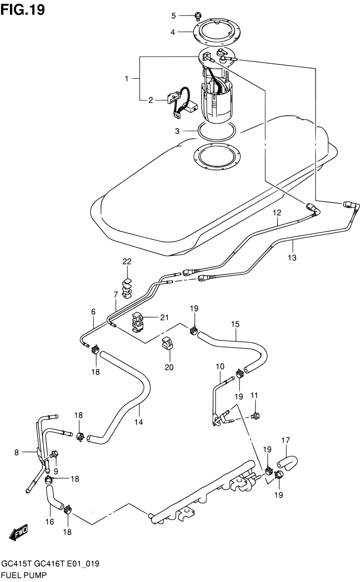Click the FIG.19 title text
point(23,10)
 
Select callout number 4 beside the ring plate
point(173,32)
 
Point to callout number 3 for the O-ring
point(177,131)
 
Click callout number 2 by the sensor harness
point(151,100)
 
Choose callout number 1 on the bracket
point(127,78)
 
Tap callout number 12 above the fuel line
point(277,213)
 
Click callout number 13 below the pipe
point(292,257)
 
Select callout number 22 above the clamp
point(127,261)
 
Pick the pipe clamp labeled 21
point(138,322)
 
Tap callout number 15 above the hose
point(235,324)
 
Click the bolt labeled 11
point(255,416)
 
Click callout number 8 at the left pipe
point(17,452)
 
